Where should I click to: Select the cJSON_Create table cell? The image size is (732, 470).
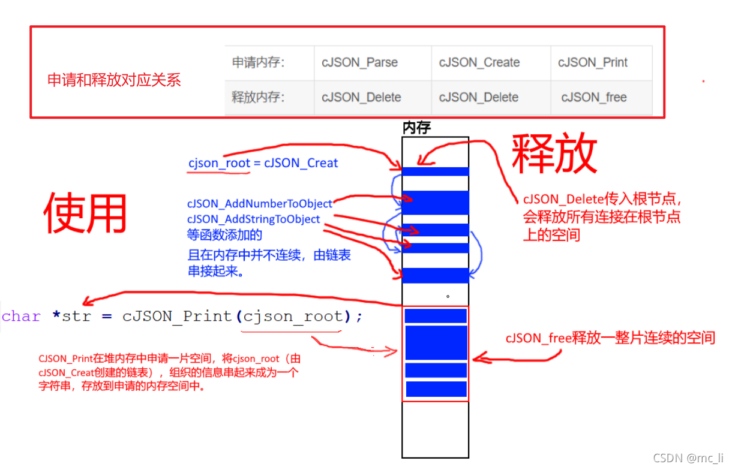pos(479,62)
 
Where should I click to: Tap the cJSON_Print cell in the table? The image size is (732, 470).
pos(593,62)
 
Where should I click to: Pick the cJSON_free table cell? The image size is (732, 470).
pos(594,97)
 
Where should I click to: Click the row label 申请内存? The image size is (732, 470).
pos(258,62)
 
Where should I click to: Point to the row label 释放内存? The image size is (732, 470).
pos(258,97)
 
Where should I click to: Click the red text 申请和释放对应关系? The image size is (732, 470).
pos(114,80)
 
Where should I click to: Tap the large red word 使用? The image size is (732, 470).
pos(85,213)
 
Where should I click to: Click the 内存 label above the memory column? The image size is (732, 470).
pos(416,127)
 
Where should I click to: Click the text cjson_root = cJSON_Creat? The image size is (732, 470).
pos(263,163)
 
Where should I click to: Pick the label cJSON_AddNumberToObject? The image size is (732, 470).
pos(260,204)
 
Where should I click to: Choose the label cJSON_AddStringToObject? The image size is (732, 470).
pos(254,219)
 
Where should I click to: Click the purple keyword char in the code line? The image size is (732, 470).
pos(22,317)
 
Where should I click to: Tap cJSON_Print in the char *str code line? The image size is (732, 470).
pos(177,317)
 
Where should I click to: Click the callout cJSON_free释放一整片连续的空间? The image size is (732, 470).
pos(610,338)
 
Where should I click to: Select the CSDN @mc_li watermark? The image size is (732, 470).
pos(688,458)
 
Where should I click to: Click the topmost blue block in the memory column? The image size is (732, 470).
pos(435,171)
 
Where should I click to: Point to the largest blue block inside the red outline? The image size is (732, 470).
pos(436,342)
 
